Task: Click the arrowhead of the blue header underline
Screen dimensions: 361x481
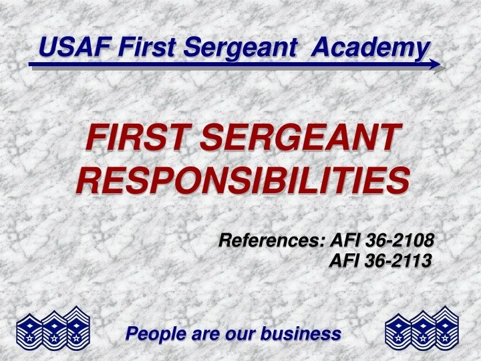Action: click(x=436, y=65)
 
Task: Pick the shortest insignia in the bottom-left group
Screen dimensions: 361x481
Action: click(x=29, y=332)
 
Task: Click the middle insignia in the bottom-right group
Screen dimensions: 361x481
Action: click(x=422, y=330)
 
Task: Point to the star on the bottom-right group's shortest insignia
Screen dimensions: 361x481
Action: click(x=399, y=339)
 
